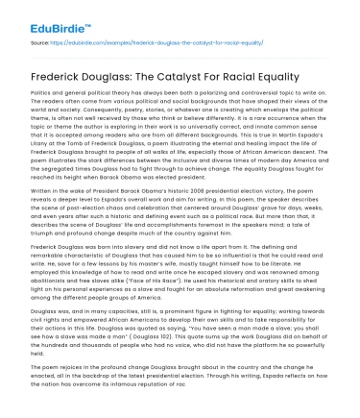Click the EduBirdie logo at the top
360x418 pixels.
41,19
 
